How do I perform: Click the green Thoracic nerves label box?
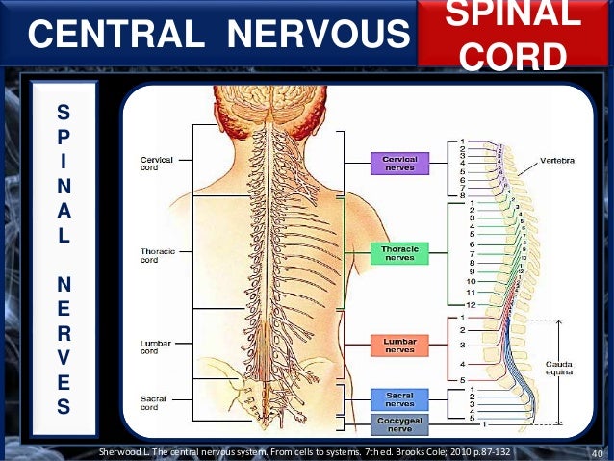(x=399, y=252)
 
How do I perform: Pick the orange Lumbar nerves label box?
(x=399, y=346)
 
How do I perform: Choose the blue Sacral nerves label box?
(x=399, y=398)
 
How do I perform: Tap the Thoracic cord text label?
(x=157, y=255)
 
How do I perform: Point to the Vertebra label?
(x=558, y=160)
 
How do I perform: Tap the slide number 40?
(x=595, y=452)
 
